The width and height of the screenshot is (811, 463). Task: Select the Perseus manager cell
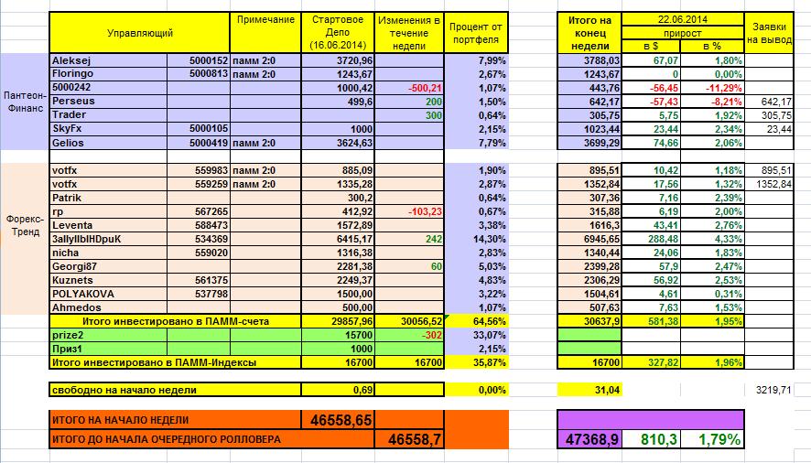tap(74, 101)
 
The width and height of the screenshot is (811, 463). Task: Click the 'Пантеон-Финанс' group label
tap(24, 101)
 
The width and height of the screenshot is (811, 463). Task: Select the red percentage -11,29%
tap(711, 88)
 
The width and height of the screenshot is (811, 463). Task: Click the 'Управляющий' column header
tap(140, 33)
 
